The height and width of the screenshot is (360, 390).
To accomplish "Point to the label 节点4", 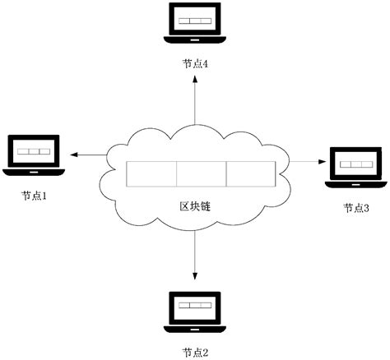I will click(x=195, y=62).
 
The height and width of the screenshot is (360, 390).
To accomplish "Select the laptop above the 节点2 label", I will click(x=194, y=311).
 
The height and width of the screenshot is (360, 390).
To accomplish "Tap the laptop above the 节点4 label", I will click(x=195, y=23).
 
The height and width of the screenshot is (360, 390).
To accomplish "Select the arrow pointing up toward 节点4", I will click(x=195, y=99).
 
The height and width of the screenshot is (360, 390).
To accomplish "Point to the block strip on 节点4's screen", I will click(x=195, y=18).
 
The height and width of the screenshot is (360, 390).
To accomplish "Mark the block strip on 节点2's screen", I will click(x=194, y=306).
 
